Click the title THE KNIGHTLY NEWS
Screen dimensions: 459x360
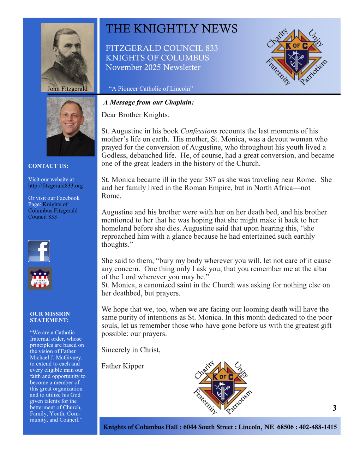click(x=172, y=29)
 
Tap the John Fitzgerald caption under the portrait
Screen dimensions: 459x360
click(x=67, y=89)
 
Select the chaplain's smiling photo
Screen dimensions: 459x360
click(x=71, y=126)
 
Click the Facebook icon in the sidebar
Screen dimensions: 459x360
click(x=39, y=251)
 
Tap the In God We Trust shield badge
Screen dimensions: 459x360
click(x=40, y=279)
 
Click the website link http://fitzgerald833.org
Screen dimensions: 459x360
click(x=55, y=186)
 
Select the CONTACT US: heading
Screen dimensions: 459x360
click(x=48, y=166)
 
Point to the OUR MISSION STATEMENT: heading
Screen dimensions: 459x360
click(x=50, y=317)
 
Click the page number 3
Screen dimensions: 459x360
click(x=334, y=408)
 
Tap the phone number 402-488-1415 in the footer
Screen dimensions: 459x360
click(x=318, y=427)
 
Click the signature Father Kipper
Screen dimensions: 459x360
click(x=122, y=366)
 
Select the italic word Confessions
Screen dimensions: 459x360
click(x=199, y=131)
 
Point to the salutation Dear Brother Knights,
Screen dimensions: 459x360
click(x=135, y=115)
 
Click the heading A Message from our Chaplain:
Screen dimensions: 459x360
click(x=149, y=102)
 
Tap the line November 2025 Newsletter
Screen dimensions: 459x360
click(x=153, y=67)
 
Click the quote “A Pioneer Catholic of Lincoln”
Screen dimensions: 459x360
click(x=151, y=89)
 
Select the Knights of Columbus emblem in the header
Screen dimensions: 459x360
click(x=296, y=56)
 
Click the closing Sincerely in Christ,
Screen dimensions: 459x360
click(x=131, y=350)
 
